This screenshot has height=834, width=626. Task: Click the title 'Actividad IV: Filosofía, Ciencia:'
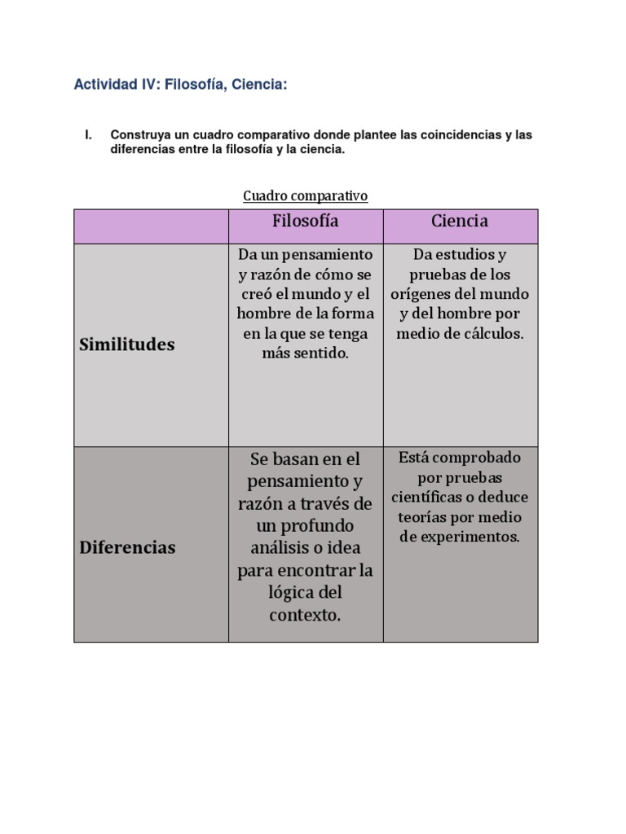point(180,84)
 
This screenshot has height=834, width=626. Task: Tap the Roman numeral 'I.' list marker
point(90,134)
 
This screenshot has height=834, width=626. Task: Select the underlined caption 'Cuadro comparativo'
point(306,196)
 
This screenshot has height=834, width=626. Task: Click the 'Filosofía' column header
point(306,221)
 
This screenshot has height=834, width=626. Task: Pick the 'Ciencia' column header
point(460,221)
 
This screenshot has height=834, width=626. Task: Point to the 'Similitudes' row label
point(127,345)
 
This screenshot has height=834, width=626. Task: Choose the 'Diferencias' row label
point(127,547)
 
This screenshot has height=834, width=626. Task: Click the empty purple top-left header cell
point(151,226)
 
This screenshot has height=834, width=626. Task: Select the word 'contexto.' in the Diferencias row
point(305,615)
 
